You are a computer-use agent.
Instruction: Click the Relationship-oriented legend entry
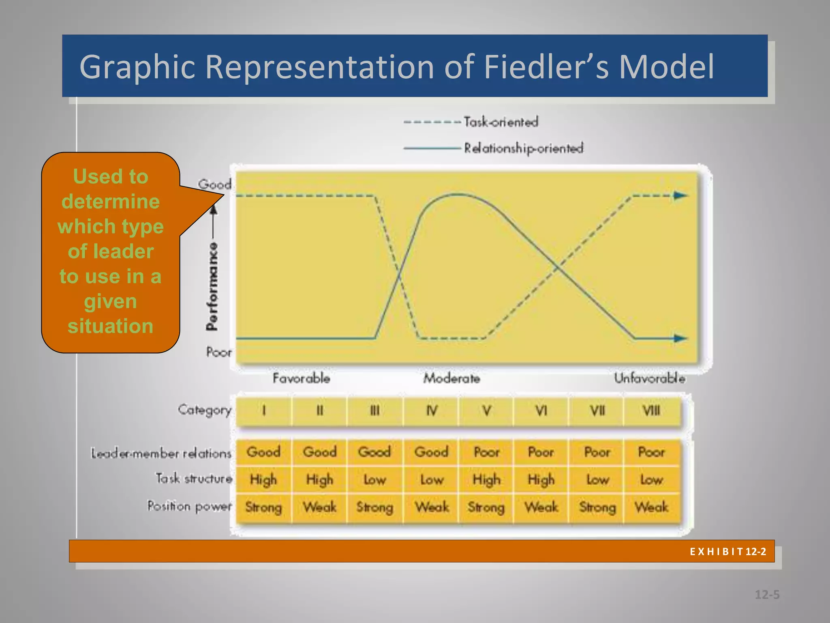523,148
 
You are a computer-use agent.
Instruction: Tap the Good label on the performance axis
214,185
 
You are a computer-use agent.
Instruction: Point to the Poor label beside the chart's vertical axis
219,352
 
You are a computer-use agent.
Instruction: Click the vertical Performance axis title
212,286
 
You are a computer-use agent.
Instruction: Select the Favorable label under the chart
301,378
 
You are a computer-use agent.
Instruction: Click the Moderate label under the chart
451,378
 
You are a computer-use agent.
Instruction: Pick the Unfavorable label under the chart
649,378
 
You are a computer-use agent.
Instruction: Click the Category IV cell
432,411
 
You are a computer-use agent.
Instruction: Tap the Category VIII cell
651,411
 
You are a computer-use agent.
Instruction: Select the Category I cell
264,411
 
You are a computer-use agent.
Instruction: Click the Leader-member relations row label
161,453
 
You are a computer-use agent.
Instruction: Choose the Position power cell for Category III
374,507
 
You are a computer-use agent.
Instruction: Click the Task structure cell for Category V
486,480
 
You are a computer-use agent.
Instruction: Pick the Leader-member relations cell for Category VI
541,452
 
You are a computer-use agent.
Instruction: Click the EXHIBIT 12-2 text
728,552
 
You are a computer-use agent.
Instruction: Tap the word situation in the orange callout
110,326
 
